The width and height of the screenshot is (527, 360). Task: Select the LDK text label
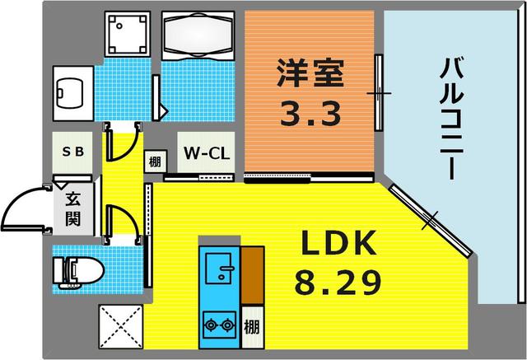[x=338, y=245]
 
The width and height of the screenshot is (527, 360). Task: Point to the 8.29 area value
[x=338, y=283]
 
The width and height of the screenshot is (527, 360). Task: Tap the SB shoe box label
[x=72, y=153]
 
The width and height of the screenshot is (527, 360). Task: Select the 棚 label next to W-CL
[x=154, y=161]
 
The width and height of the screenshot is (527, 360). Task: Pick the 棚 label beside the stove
[x=253, y=325]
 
